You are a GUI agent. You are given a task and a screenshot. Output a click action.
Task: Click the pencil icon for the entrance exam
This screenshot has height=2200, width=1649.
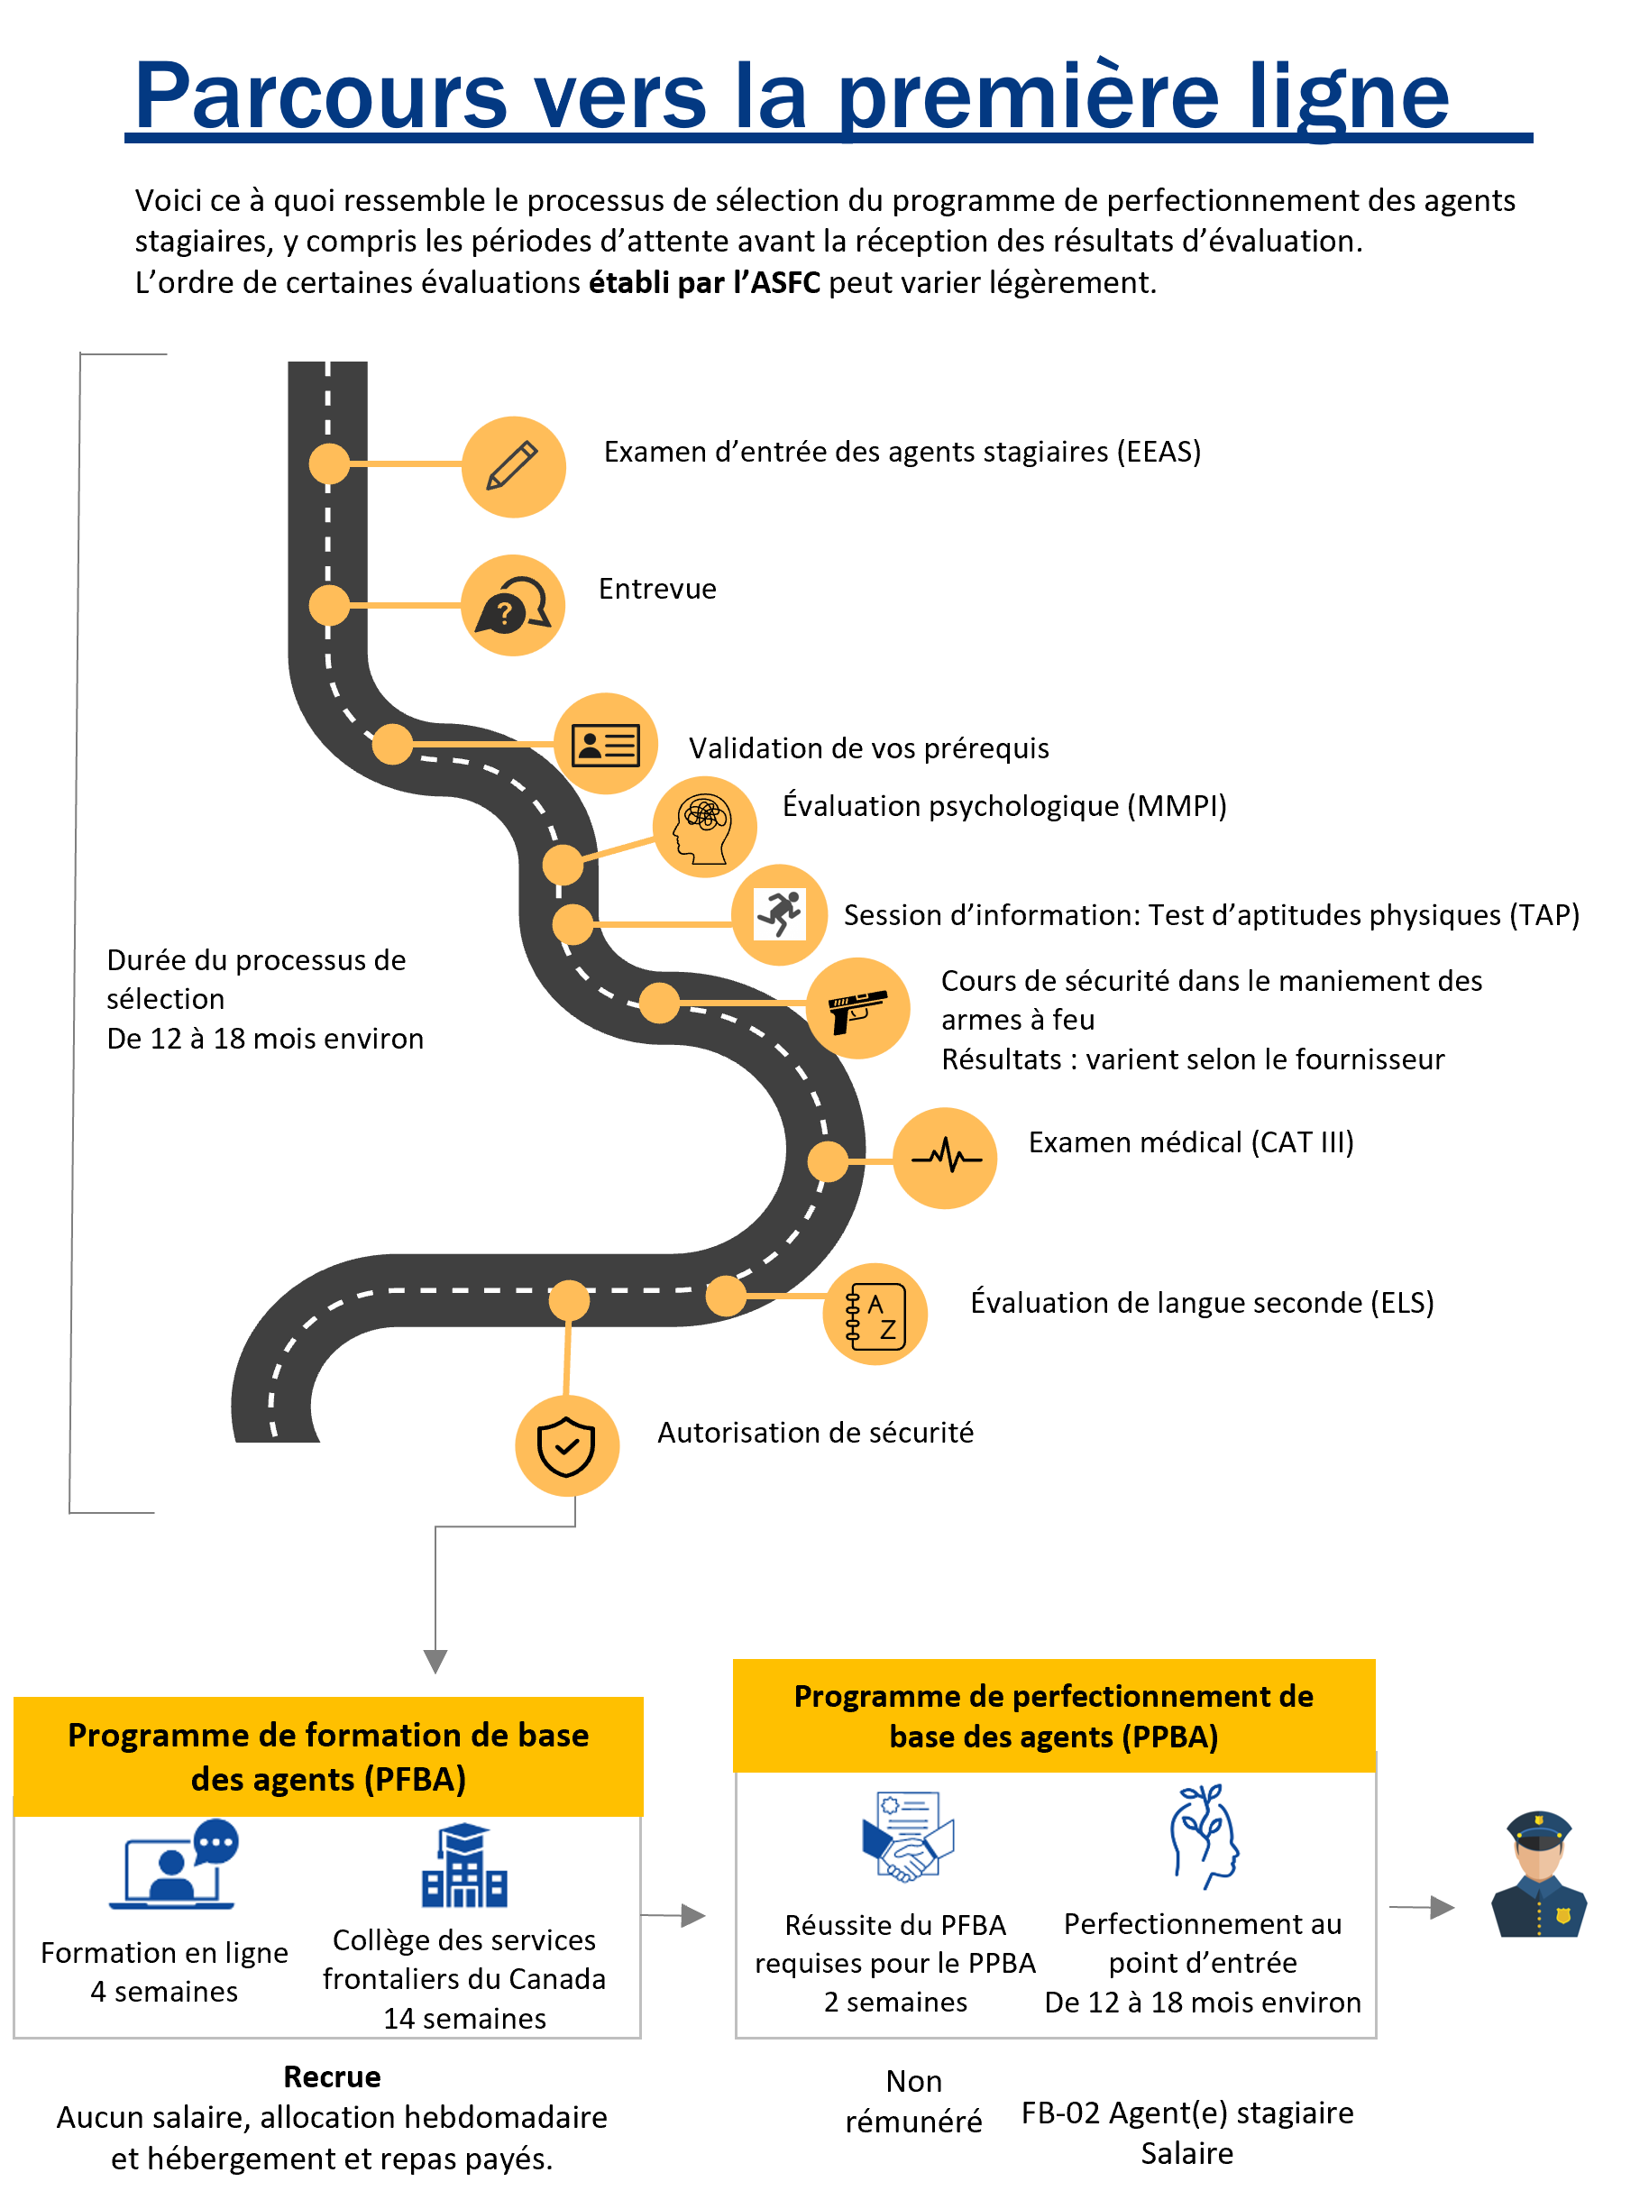(512, 465)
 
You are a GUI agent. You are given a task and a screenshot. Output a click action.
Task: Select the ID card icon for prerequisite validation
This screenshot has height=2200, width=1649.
(605, 744)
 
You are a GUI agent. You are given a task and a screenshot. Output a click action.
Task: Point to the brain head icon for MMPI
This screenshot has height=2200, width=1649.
(703, 828)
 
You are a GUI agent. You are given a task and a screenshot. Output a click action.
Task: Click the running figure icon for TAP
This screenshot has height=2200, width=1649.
(780, 913)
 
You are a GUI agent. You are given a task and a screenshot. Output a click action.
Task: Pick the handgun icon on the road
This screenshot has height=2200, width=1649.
(857, 1011)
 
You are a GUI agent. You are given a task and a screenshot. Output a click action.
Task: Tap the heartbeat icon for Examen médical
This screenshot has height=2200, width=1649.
(946, 1157)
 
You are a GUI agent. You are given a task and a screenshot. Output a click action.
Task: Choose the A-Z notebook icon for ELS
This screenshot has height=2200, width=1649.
(875, 1315)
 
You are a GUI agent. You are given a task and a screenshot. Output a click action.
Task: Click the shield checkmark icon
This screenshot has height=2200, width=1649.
(566, 1446)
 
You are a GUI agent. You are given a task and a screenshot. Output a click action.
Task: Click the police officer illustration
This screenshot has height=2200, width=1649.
(1537, 1874)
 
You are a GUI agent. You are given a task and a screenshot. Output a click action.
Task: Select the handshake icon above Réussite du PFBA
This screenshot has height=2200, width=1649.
(907, 1836)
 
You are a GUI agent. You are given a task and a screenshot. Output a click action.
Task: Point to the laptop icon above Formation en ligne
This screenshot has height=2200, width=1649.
(174, 1864)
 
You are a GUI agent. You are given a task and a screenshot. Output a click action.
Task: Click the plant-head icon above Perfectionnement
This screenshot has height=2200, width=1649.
(1204, 1836)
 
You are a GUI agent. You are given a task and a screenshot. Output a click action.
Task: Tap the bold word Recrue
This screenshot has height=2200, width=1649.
(332, 2076)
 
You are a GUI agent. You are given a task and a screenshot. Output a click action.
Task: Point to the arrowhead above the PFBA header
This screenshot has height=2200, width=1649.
(435, 1662)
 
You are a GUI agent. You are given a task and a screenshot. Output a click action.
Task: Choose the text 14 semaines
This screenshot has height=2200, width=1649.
(464, 2019)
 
